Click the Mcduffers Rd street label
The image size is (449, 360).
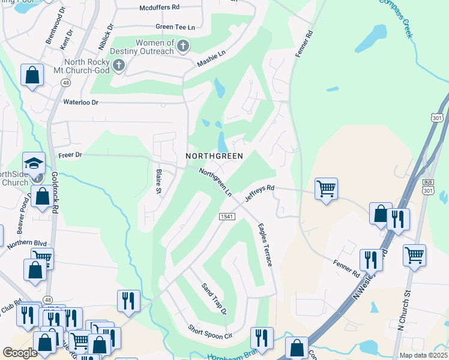coord(159,8)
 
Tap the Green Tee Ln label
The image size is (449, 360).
coord(175,27)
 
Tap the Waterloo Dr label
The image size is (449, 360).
coord(89,103)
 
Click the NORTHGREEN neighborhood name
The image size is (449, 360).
coord(214,156)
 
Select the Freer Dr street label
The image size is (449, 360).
coord(70,155)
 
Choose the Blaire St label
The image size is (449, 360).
coord(160,182)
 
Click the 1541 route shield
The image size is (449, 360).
coord(226,217)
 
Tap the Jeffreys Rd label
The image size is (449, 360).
coord(259,193)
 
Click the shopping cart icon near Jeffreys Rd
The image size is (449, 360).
coord(326,188)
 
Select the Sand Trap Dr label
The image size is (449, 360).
coord(214,298)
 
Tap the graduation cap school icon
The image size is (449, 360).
coord(34,163)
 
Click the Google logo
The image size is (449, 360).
coord(20,353)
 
